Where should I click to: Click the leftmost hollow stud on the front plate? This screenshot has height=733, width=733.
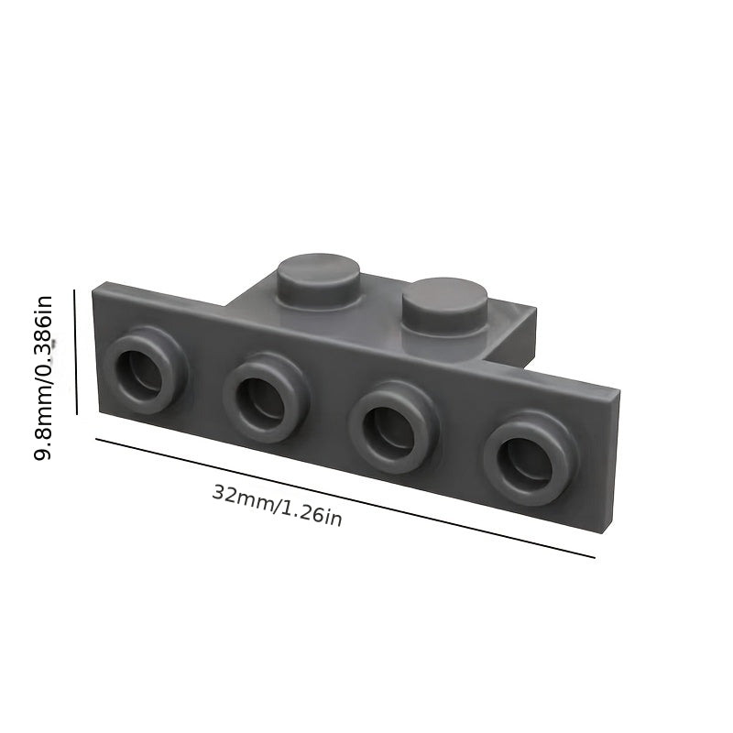(146, 369)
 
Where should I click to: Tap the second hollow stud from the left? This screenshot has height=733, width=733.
(266, 398)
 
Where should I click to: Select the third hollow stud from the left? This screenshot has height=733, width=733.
(394, 427)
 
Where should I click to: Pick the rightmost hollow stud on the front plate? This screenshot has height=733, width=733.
(531, 458)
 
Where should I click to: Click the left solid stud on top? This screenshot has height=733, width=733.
(318, 282)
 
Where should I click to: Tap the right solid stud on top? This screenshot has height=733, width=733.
(445, 307)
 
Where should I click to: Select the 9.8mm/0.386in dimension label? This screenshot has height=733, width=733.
(42, 377)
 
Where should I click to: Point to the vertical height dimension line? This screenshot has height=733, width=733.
(75, 352)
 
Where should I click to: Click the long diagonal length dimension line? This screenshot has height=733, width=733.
(345, 498)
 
